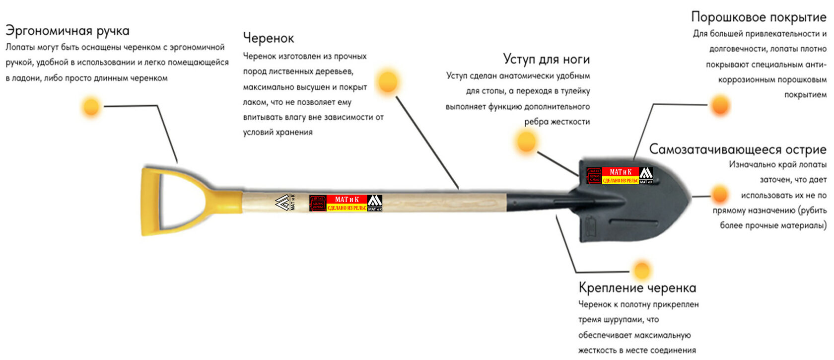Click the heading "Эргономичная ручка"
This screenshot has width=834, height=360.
67,31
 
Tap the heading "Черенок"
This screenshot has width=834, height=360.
268,38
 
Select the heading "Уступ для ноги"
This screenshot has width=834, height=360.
546,59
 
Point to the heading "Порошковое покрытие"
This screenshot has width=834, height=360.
758,17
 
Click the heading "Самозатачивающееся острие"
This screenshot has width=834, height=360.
737,149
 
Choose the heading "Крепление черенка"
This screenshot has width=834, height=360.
637,288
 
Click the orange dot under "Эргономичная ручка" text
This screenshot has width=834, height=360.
91,106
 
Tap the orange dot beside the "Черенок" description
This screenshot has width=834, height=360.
388,81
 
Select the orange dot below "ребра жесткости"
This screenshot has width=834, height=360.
526,142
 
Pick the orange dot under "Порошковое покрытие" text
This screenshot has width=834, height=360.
720,105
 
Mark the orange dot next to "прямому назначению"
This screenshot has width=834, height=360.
719,195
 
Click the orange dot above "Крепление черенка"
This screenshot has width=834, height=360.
642,271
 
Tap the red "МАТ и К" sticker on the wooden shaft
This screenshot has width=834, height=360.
346,203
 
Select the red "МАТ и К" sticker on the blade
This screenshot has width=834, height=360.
620,176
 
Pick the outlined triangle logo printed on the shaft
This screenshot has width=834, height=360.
282,202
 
